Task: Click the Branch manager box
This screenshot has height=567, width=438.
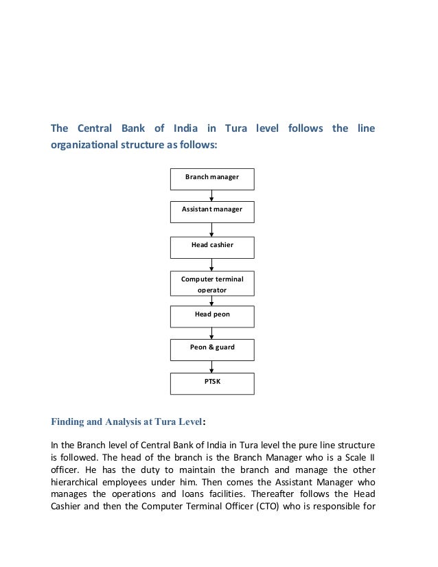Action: tap(212, 178)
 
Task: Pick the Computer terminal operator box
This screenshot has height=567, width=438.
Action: tap(212, 284)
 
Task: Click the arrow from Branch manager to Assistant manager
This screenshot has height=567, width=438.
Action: tap(212, 195)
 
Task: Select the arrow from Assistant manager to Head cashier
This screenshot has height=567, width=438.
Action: tap(212, 230)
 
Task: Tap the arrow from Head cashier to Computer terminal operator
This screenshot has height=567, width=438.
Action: tap(212, 264)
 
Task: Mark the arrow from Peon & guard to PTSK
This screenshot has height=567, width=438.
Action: tap(212, 367)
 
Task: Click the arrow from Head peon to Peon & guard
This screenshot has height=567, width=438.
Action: tap(212, 333)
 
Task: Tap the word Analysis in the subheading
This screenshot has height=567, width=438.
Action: tap(124, 423)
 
